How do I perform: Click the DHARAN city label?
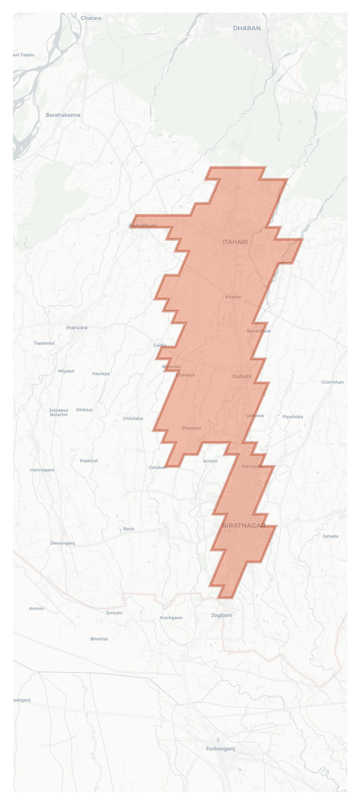(x=246, y=28)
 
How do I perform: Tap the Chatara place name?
(x=91, y=18)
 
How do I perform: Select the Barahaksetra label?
(x=63, y=115)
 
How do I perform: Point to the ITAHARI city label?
(x=235, y=242)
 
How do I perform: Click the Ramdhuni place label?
(x=143, y=226)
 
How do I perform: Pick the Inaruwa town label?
(x=77, y=327)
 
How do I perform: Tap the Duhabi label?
(x=242, y=376)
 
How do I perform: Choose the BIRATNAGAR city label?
(x=244, y=525)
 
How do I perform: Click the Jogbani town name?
(x=221, y=615)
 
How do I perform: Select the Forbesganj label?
(x=221, y=749)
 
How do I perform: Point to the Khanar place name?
(x=233, y=297)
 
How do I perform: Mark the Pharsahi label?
(x=191, y=428)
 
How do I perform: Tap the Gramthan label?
(x=332, y=382)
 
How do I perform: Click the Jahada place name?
(x=330, y=536)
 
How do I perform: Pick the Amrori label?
(x=36, y=608)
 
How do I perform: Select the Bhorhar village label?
(x=99, y=639)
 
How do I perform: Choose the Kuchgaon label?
(x=171, y=617)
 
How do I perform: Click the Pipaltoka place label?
(x=292, y=417)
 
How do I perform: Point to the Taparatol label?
(x=44, y=343)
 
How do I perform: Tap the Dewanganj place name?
(x=62, y=543)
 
